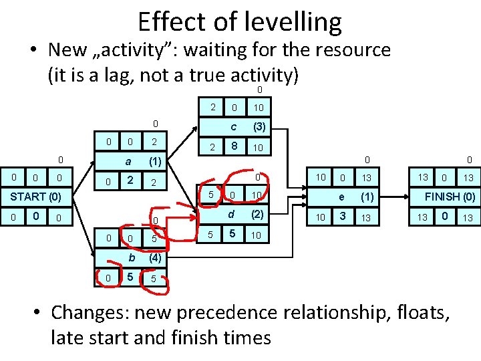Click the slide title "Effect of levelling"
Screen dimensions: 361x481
[x=240, y=21]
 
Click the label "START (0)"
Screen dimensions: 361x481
[x=35, y=197]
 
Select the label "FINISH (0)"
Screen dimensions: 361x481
[x=450, y=197]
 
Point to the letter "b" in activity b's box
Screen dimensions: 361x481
[x=132, y=257]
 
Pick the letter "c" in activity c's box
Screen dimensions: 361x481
[x=233, y=126]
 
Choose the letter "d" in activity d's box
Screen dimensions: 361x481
[x=231, y=215]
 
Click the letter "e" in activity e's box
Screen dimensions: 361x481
[x=341, y=197]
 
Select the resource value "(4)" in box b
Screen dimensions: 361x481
[x=155, y=257]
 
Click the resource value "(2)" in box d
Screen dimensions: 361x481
[x=257, y=215]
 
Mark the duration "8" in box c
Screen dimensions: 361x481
[x=233, y=146]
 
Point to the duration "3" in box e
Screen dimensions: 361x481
[x=342, y=216]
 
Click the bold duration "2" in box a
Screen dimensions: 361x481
[x=130, y=180]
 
